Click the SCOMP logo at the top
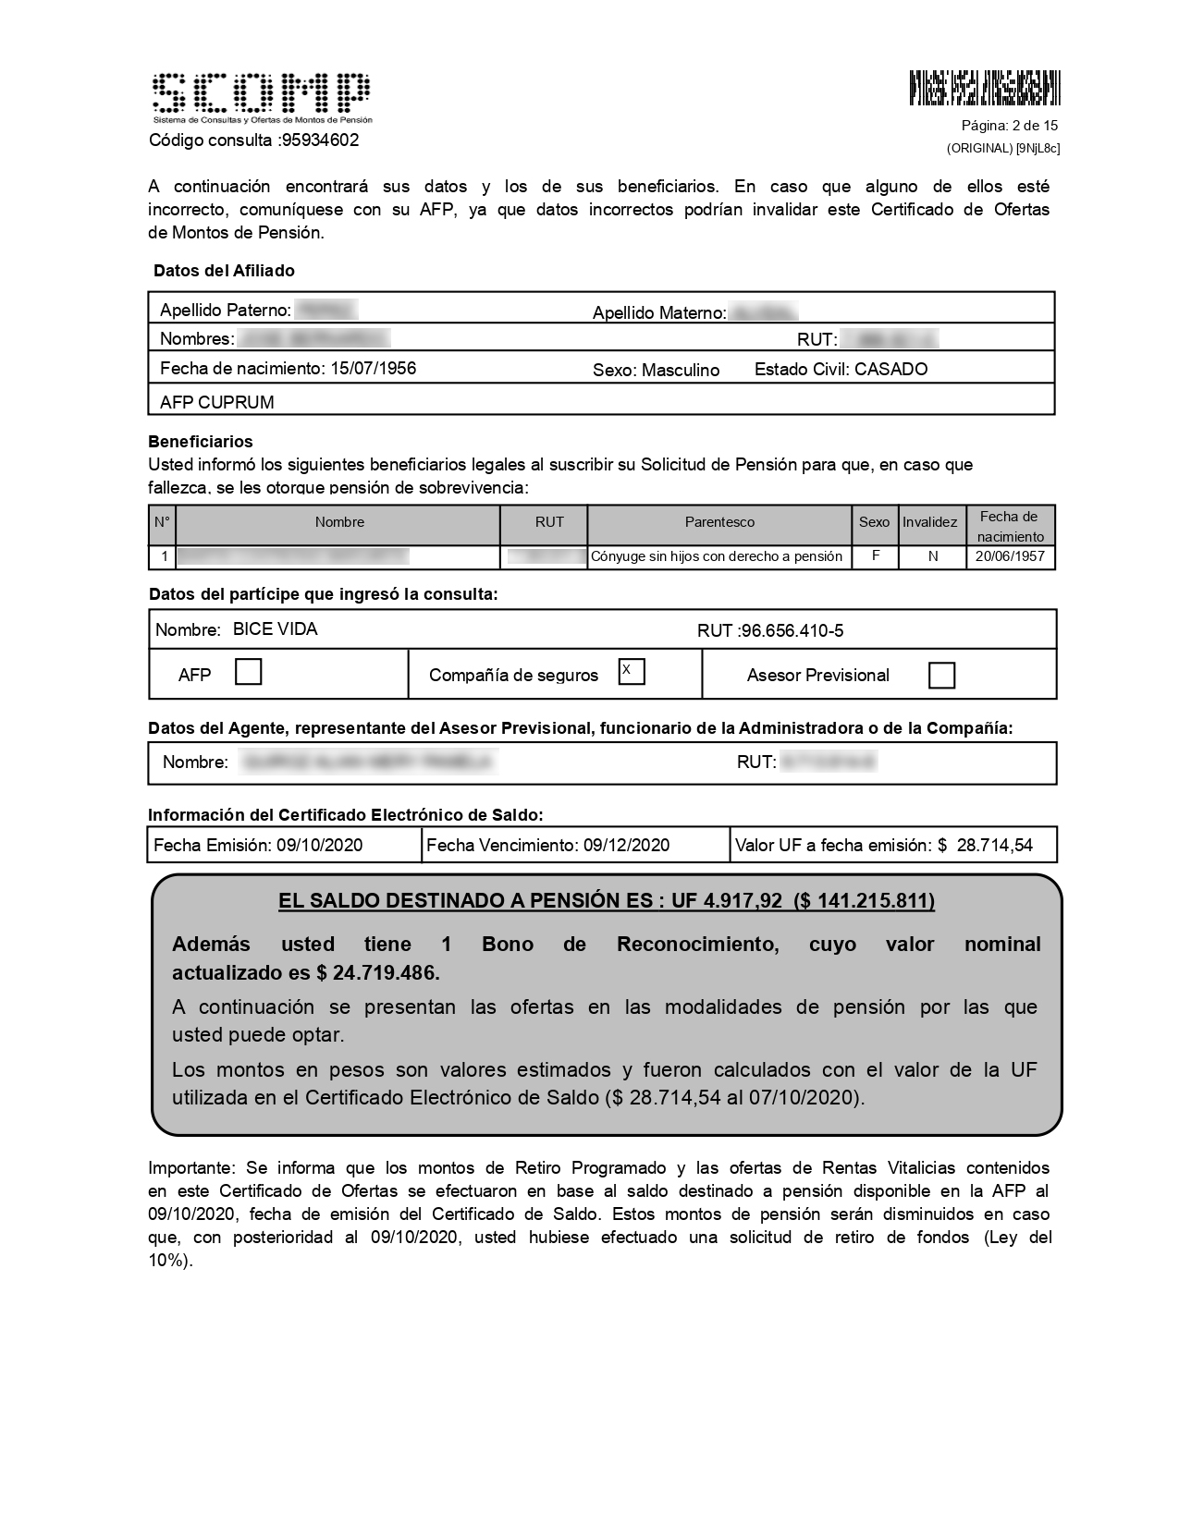pyautogui.click(x=262, y=96)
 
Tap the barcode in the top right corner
pyautogui.click(x=984, y=88)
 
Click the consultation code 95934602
pyautogui.click(x=320, y=140)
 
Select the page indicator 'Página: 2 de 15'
pyautogui.click(x=1009, y=126)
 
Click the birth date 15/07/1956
pyautogui.click(x=373, y=369)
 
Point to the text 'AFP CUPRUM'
pyautogui.click(x=216, y=402)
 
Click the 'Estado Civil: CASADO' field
pyautogui.click(x=841, y=370)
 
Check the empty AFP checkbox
pyautogui.click(x=248, y=672)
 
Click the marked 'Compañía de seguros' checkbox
pyautogui.click(x=632, y=671)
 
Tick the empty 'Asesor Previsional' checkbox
pyautogui.click(x=940, y=676)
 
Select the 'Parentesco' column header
pyautogui.click(x=719, y=522)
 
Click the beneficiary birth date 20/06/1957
pyautogui.click(x=1010, y=556)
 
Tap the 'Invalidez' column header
pyautogui.click(x=929, y=522)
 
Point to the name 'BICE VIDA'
pyautogui.click(x=275, y=629)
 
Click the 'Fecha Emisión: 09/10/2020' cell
pyautogui.click(x=258, y=845)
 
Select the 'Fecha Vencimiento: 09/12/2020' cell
pyautogui.click(x=547, y=845)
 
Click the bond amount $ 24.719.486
pyautogui.click(x=377, y=973)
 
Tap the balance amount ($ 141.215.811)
pyautogui.click(x=864, y=901)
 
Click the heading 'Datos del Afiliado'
pyautogui.click(x=224, y=271)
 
